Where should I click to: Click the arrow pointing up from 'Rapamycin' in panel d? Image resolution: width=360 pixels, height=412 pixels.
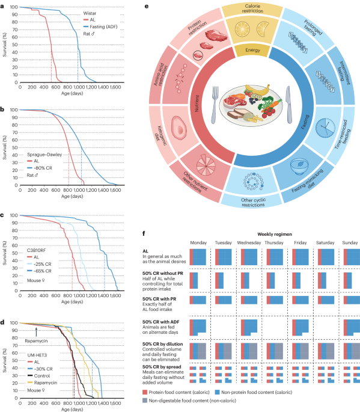35,329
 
